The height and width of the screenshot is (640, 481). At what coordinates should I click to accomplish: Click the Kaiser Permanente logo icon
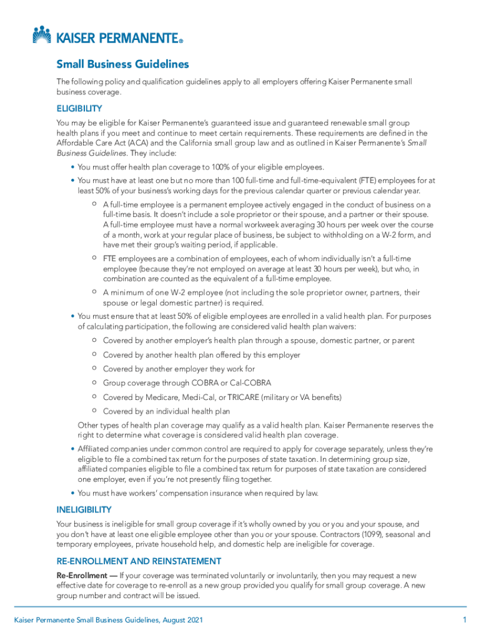[x=41, y=35]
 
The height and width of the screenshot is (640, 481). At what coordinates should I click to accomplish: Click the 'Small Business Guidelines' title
[x=122, y=64]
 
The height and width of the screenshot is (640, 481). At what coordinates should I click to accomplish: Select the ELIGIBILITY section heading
[x=79, y=108]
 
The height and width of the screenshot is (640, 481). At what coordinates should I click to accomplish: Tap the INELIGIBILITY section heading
[x=84, y=509]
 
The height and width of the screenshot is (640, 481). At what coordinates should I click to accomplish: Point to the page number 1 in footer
[x=464, y=619]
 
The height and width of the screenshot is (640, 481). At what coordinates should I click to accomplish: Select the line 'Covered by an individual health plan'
[x=166, y=411]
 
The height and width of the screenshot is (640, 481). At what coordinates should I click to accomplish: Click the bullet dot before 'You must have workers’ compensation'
[x=73, y=493]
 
